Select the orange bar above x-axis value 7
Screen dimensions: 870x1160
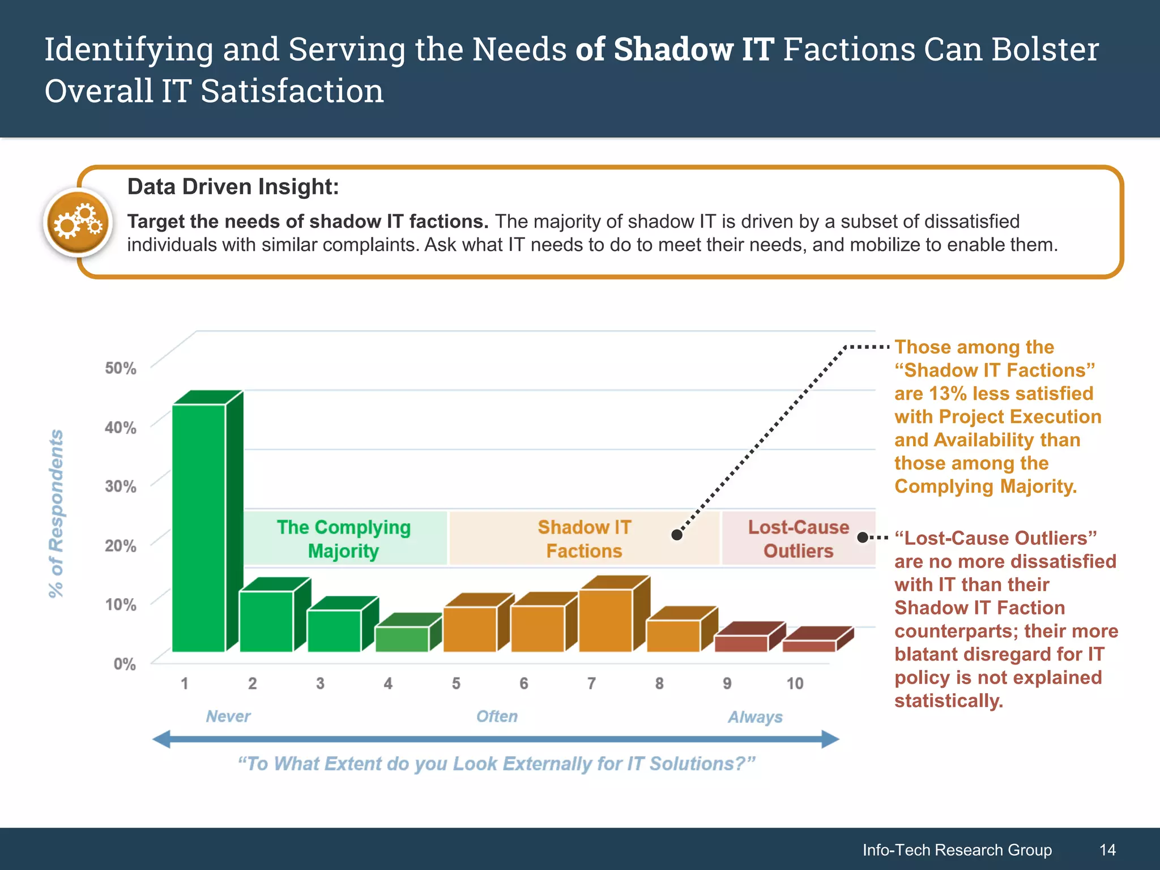pos(605,620)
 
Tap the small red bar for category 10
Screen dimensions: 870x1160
pos(809,646)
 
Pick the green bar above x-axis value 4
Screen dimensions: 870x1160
pos(402,639)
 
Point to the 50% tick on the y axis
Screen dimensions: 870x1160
pos(120,369)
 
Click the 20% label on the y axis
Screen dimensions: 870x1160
pos(120,546)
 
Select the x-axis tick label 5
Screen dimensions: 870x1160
pos(456,684)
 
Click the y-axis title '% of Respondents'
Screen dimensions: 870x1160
pos(56,513)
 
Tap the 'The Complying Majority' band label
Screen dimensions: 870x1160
pos(344,539)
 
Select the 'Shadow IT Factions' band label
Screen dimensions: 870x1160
pos(584,539)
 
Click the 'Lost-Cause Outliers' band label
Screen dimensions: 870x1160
pos(798,539)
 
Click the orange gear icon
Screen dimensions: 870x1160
pos(78,223)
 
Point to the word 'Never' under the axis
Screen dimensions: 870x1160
pos(228,717)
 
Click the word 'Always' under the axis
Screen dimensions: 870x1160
pos(755,717)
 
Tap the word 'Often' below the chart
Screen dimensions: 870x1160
pos(497,717)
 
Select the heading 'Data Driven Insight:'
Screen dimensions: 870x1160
pos(233,187)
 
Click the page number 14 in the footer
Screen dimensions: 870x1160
pos(1107,850)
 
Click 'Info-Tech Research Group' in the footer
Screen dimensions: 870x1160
pos(957,850)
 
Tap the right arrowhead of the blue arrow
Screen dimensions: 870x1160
pos(830,739)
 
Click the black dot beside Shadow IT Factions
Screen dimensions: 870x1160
pos(677,535)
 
